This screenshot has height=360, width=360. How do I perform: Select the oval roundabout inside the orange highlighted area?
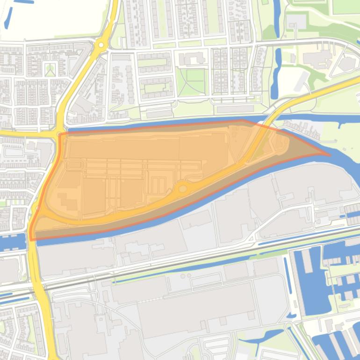(x=183, y=188)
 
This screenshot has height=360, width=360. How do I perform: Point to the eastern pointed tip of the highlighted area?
(x=329, y=154)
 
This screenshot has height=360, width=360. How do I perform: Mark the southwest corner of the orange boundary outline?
(x=31, y=239)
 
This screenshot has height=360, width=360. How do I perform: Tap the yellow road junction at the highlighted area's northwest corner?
(x=59, y=134)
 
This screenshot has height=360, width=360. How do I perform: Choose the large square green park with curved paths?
(x=191, y=82)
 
